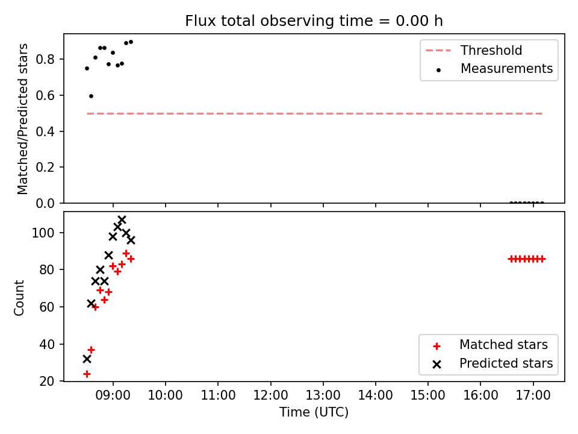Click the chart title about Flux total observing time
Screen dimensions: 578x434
(314, 21)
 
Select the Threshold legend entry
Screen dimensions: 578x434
(474, 50)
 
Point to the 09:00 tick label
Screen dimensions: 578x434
(113, 395)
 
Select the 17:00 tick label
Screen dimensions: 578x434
(533, 395)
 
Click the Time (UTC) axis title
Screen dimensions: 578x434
(314, 412)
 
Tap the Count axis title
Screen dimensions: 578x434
(19, 298)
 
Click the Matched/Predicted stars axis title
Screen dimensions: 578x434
(22, 119)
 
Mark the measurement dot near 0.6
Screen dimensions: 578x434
(91, 96)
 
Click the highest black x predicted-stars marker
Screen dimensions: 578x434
(122, 220)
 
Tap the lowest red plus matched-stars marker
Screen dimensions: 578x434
(87, 374)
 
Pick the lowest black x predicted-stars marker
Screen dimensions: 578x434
(87, 359)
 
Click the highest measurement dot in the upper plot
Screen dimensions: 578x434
(131, 42)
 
